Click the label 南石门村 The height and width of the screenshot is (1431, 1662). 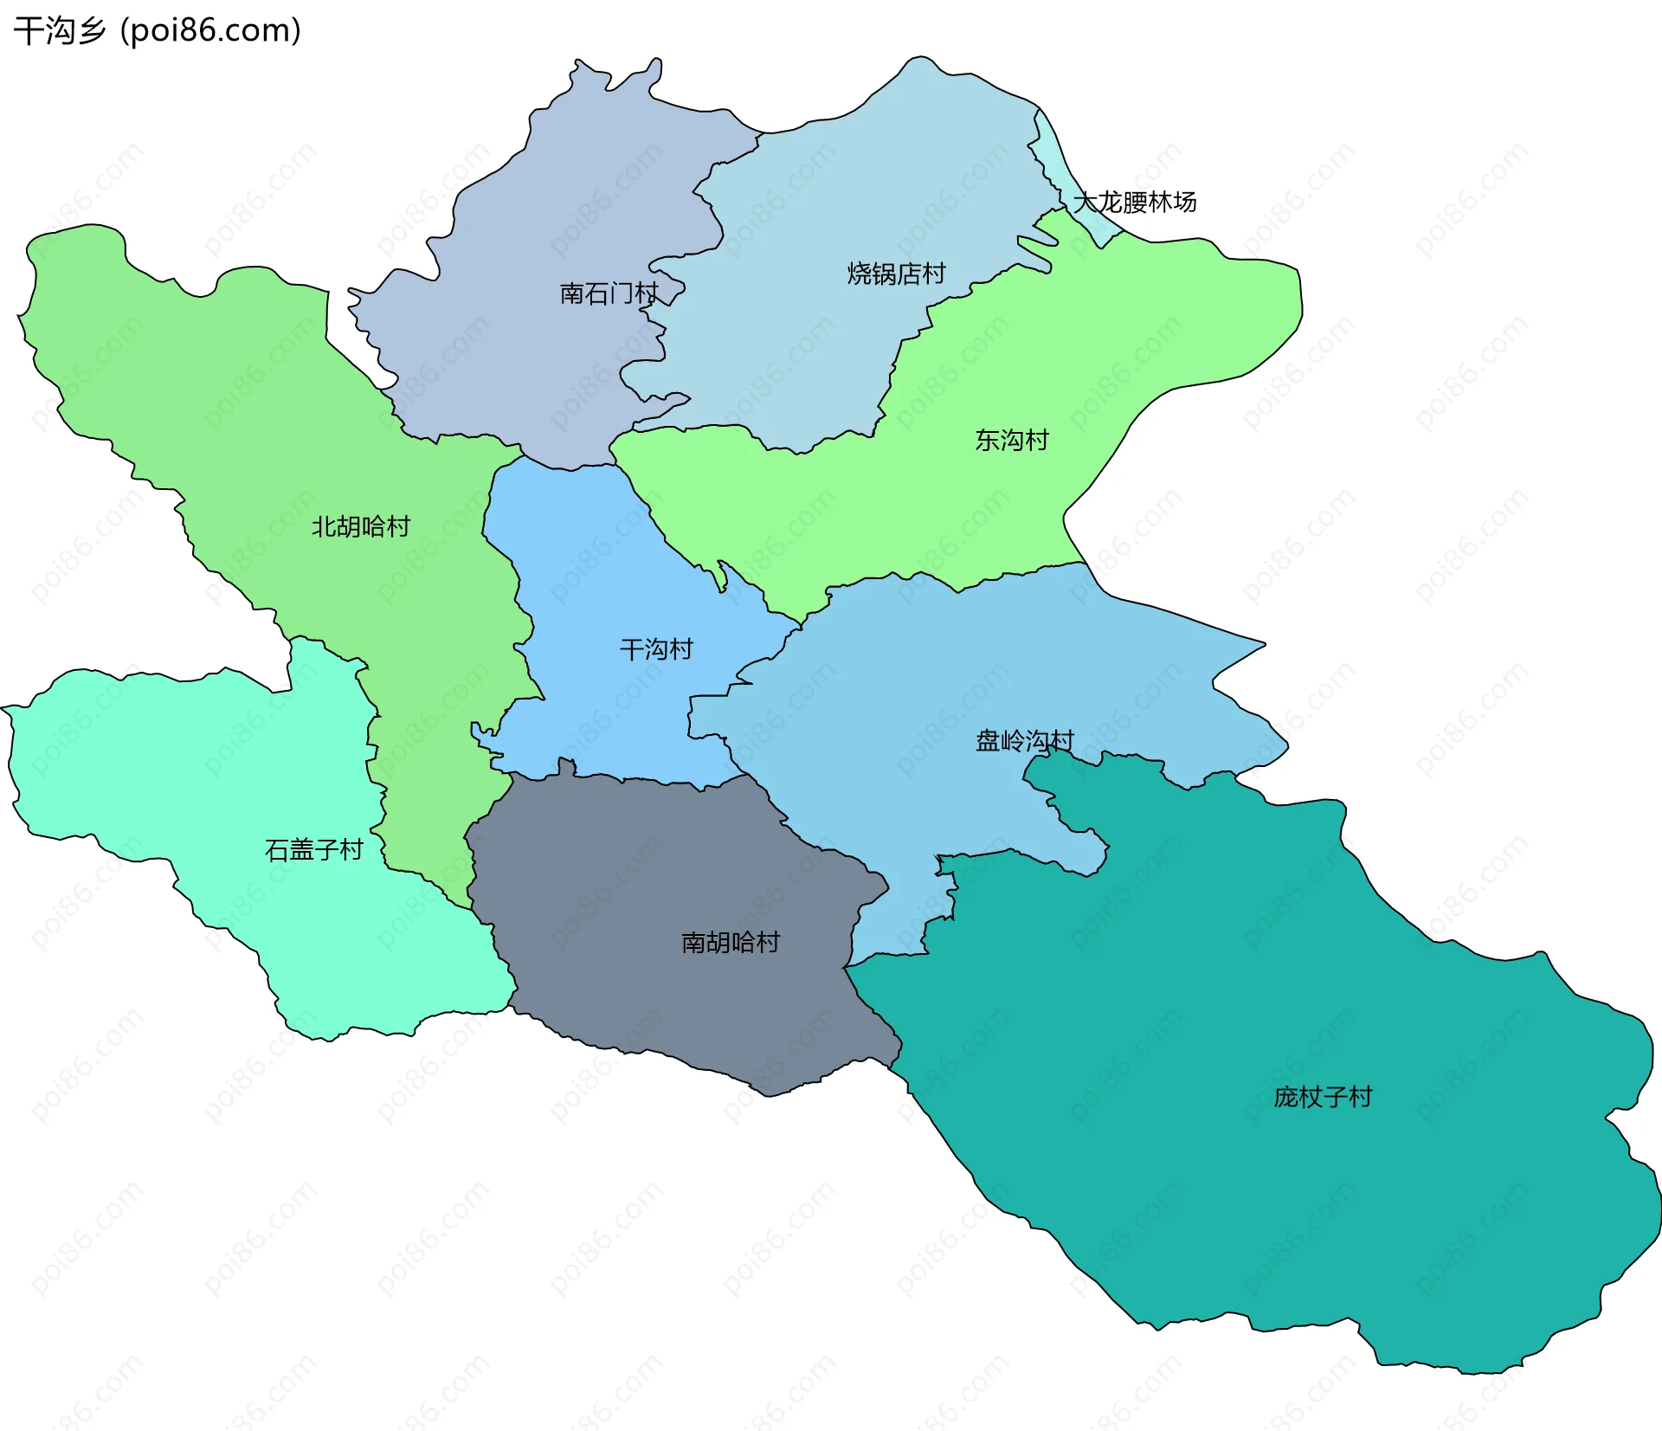[x=609, y=293]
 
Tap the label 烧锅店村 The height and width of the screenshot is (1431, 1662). [x=896, y=274]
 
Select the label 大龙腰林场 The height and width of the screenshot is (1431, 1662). [x=1135, y=202]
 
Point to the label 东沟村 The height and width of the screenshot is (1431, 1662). [x=1011, y=440]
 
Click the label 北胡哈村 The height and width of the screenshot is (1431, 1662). [x=360, y=526]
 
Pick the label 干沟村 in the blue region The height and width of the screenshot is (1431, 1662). [x=656, y=649]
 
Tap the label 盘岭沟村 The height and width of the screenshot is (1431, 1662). [x=1024, y=741]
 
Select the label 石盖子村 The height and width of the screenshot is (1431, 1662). [x=313, y=850]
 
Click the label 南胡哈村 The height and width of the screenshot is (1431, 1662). [x=731, y=942]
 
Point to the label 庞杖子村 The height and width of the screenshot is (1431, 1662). [x=1323, y=1097]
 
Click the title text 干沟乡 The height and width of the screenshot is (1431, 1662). [x=59, y=31]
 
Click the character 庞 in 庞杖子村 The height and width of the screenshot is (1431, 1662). [x=1286, y=1097]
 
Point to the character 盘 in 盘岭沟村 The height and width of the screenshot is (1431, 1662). [x=988, y=741]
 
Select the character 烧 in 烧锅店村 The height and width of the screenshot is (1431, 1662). [x=859, y=274]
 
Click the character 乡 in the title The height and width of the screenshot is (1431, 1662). [x=91, y=31]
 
